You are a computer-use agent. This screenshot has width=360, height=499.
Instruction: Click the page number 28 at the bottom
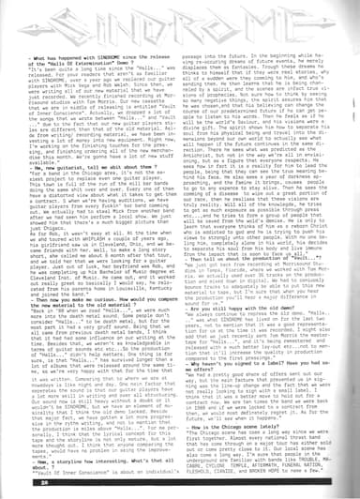[22, 487]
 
